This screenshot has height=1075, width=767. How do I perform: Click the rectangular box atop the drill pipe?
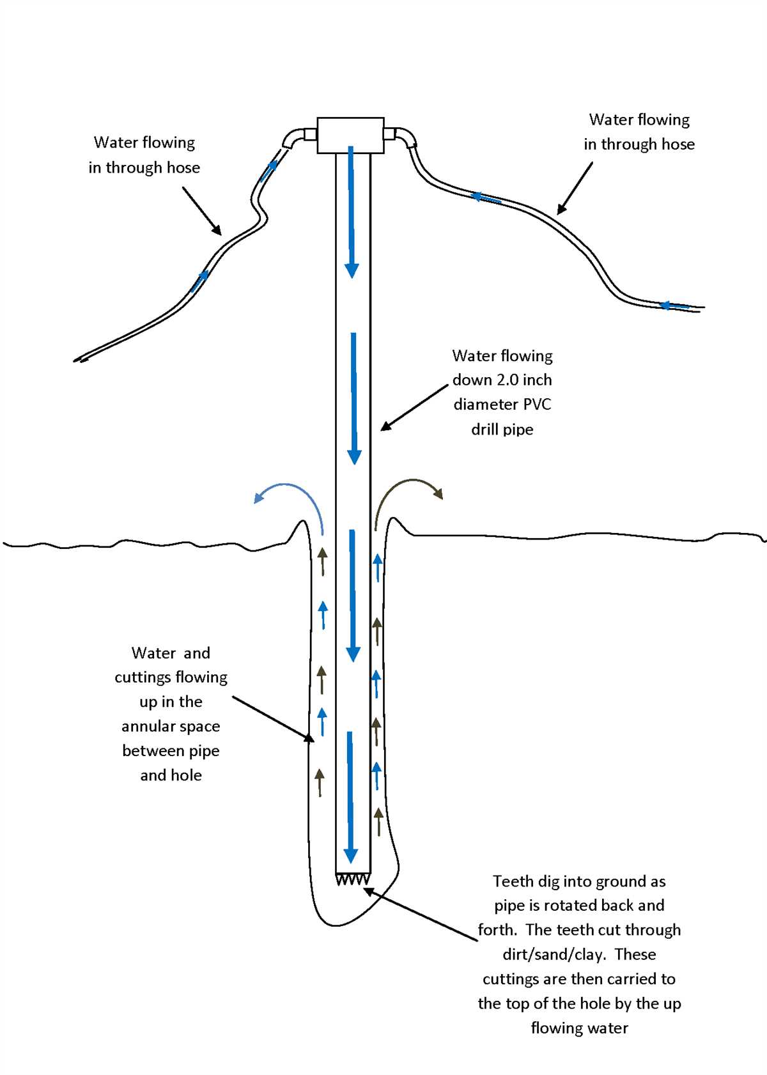click(x=350, y=135)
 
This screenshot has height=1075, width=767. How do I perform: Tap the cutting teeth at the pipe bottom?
click(x=353, y=879)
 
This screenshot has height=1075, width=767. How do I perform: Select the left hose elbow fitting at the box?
click(x=295, y=138)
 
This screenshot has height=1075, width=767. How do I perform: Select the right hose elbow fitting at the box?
click(x=405, y=136)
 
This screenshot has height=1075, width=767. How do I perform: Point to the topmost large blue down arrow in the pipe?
click(x=351, y=211)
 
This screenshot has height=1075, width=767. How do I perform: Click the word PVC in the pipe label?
click(x=536, y=405)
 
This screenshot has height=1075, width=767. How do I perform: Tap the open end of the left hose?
click(x=79, y=360)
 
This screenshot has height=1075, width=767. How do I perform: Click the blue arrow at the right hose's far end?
click(x=674, y=305)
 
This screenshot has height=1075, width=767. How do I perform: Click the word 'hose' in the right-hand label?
click(x=678, y=144)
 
